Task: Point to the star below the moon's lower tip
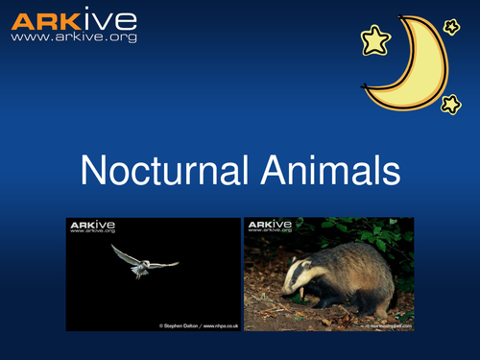(450, 103)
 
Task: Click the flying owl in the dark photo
(142, 260)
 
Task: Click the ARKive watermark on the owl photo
(91, 227)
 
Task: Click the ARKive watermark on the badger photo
(270, 227)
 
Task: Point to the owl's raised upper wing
(123, 252)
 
